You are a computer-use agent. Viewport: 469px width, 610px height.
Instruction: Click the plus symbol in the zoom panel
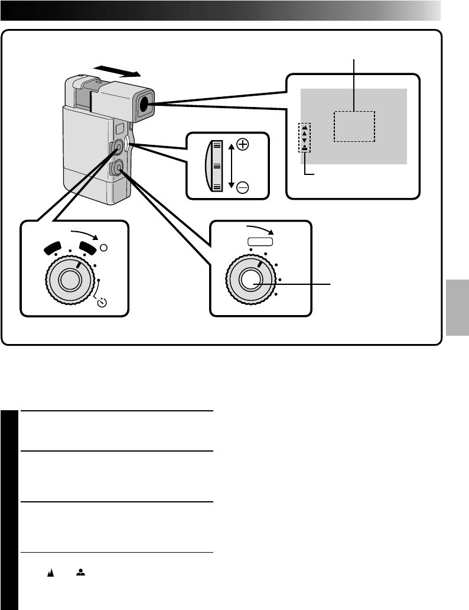tap(243, 144)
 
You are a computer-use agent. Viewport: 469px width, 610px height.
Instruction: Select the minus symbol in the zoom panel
tap(243, 187)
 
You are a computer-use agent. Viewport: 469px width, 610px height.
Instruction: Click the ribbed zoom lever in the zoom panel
tap(214, 166)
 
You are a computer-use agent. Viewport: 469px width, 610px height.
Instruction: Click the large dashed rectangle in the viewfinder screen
tap(354, 126)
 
